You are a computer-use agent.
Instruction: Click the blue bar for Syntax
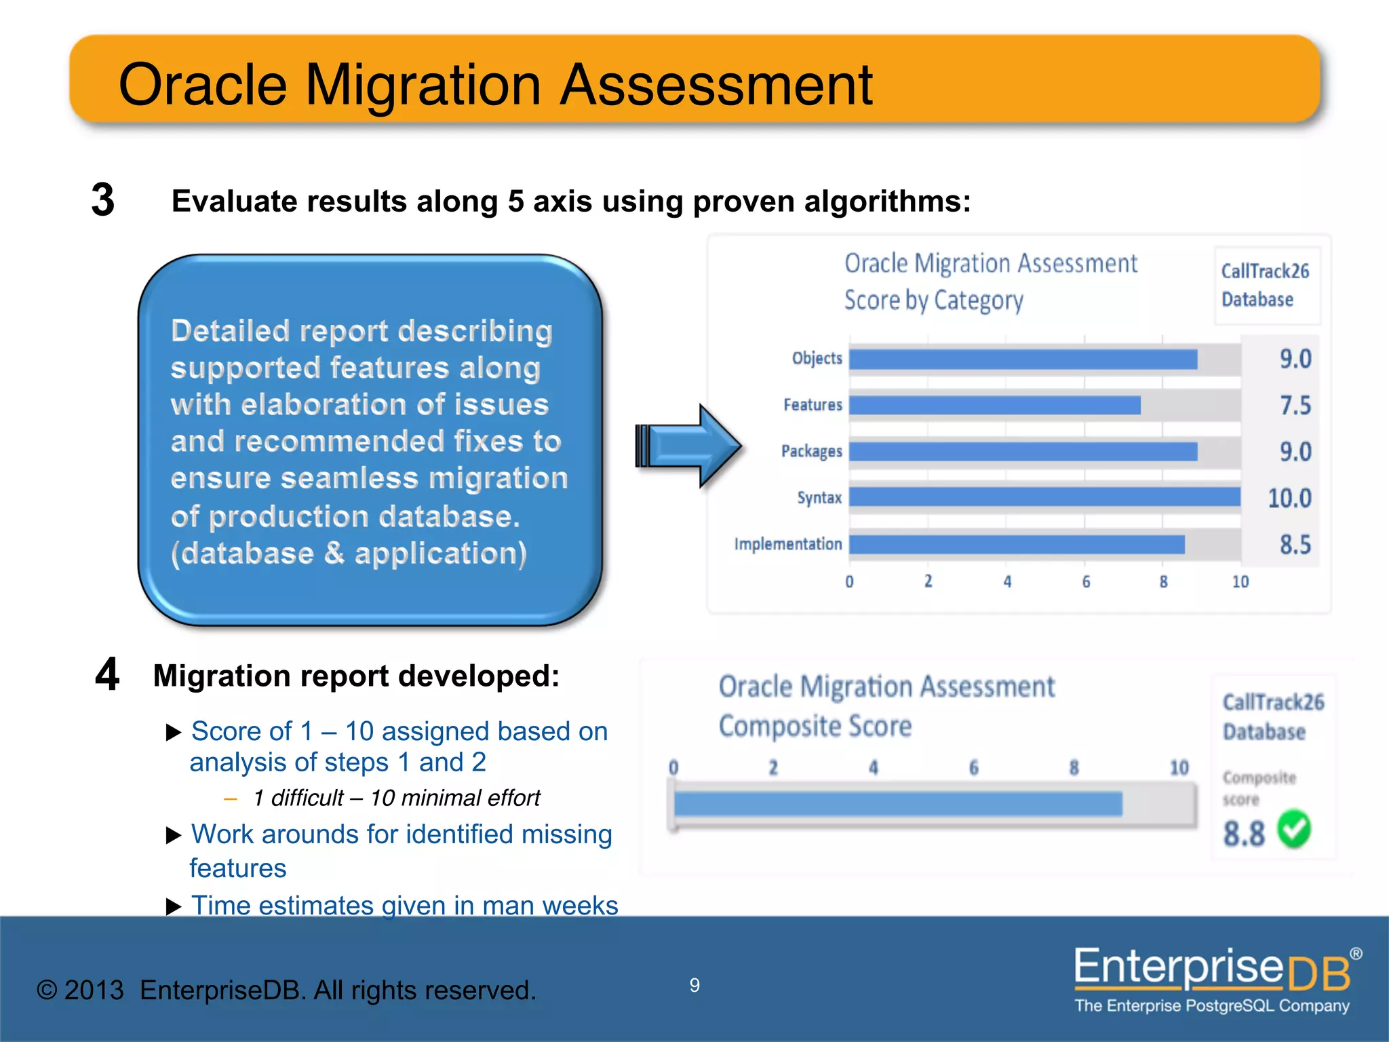point(1044,497)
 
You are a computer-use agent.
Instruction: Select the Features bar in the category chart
point(994,405)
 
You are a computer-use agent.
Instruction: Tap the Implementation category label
point(787,544)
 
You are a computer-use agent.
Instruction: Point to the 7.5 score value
point(1295,406)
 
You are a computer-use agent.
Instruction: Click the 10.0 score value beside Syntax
point(1289,499)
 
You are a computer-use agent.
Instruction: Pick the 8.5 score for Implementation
point(1295,545)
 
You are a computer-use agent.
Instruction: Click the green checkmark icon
point(1294,829)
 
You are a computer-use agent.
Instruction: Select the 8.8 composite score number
point(1244,834)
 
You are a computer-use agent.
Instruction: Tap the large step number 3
point(103,200)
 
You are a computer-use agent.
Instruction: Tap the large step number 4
point(107,675)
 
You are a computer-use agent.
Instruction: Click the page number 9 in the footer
point(694,985)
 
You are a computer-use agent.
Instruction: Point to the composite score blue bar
point(897,804)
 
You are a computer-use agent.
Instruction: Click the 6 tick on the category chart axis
point(1086,582)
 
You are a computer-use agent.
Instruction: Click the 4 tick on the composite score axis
point(874,768)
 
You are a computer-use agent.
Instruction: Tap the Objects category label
point(817,358)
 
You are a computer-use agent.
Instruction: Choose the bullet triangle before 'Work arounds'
point(174,836)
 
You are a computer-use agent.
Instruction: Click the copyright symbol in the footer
point(47,990)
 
